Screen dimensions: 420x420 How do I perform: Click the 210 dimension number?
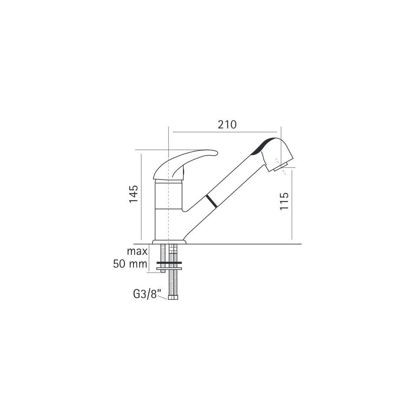(227, 125)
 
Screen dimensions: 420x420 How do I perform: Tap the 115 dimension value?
(284, 201)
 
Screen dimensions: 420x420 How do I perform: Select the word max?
(137, 252)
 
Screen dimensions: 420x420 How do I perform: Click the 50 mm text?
(130, 264)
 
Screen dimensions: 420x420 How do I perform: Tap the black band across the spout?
(211, 201)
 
